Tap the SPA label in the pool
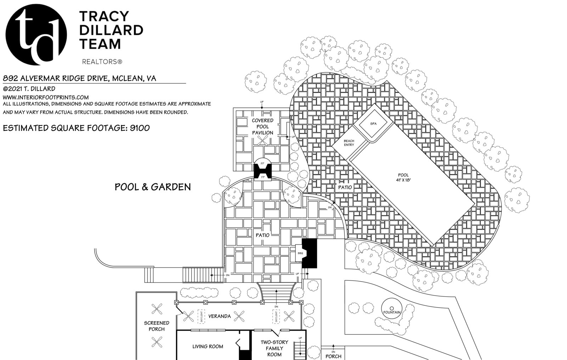[373, 124]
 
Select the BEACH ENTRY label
[349, 143]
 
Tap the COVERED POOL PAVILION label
[263, 127]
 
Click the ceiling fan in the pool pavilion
[263, 141]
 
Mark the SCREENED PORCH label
[156, 326]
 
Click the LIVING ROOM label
[208, 346]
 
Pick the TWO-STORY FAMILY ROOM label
[274, 348]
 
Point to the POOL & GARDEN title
[153, 187]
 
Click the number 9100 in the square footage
[140, 128]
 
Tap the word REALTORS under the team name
[102, 62]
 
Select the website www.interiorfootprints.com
[46, 97]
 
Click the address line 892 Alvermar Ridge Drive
[79, 78]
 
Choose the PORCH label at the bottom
[333, 356]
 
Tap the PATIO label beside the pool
[345, 187]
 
